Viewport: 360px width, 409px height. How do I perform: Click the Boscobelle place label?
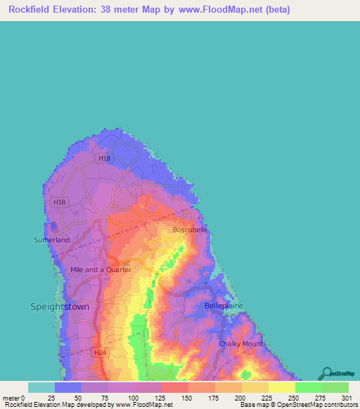pyautogui.click(x=191, y=229)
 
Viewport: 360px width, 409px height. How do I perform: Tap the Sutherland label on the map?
pyautogui.click(x=52, y=240)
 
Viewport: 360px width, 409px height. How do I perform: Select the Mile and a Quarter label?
pyautogui.click(x=101, y=269)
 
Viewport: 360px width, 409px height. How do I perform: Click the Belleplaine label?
pyautogui.click(x=224, y=306)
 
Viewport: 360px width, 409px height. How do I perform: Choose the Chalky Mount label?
pyautogui.click(x=240, y=344)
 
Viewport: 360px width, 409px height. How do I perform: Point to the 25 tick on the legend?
pyautogui.click(x=51, y=398)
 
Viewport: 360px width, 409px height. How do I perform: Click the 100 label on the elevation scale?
pyautogui.click(x=131, y=398)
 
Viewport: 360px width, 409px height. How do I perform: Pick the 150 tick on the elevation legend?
pyautogui.click(x=186, y=398)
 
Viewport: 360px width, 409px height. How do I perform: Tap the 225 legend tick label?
pyautogui.click(x=266, y=398)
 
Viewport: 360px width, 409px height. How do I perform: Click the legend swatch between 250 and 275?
pyautogui.click(x=308, y=387)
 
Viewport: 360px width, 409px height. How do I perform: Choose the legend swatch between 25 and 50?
pyautogui.click(x=67, y=387)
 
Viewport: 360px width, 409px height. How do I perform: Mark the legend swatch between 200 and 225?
pyautogui.click(x=255, y=387)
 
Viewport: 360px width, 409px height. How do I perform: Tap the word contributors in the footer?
pyautogui.click(x=340, y=405)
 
